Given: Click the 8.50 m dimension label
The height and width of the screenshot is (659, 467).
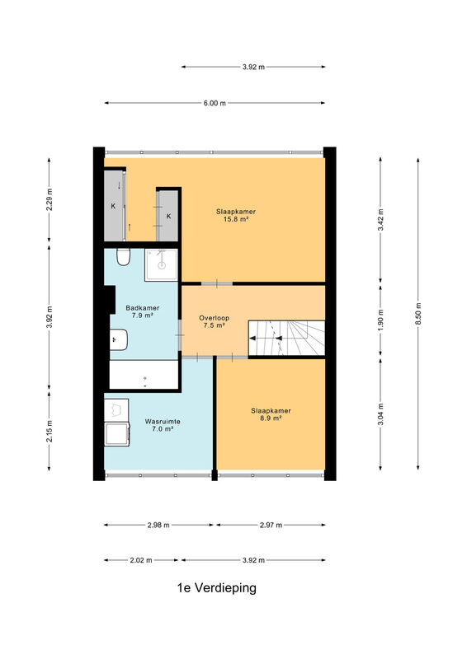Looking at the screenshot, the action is (418, 314).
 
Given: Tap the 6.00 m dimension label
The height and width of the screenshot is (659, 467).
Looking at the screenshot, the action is (215, 103).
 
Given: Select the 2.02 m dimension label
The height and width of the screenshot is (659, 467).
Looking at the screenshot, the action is (141, 560).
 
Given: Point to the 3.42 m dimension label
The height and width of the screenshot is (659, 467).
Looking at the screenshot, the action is (380, 220).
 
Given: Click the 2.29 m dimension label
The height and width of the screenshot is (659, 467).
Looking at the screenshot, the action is (50, 199).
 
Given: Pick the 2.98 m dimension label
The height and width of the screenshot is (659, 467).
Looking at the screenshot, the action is (158, 525).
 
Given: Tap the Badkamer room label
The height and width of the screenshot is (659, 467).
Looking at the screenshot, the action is (143, 308).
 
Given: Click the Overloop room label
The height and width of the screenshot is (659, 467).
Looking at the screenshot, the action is (215, 318).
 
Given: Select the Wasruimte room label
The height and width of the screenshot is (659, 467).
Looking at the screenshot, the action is (163, 422).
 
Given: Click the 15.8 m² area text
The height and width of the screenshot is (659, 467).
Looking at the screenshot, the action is (236, 219).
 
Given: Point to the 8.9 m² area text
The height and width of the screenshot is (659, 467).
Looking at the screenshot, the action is (271, 418).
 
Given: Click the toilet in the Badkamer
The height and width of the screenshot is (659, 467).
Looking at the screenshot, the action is (124, 257).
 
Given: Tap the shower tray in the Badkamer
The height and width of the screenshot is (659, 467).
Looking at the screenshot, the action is (161, 264).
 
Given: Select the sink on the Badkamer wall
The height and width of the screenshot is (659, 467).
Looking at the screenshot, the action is (118, 340).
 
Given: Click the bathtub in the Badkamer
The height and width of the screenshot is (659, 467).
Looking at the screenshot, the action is (144, 375).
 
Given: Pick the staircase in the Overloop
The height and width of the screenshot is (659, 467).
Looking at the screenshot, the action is (286, 338).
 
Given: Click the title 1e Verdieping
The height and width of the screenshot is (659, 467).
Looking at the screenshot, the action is (217, 587).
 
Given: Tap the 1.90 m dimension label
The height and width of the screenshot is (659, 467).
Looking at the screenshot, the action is (380, 320).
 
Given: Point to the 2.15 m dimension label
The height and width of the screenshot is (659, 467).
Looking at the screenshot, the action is (50, 431).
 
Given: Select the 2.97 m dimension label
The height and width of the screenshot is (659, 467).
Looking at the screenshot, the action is (271, 525).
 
